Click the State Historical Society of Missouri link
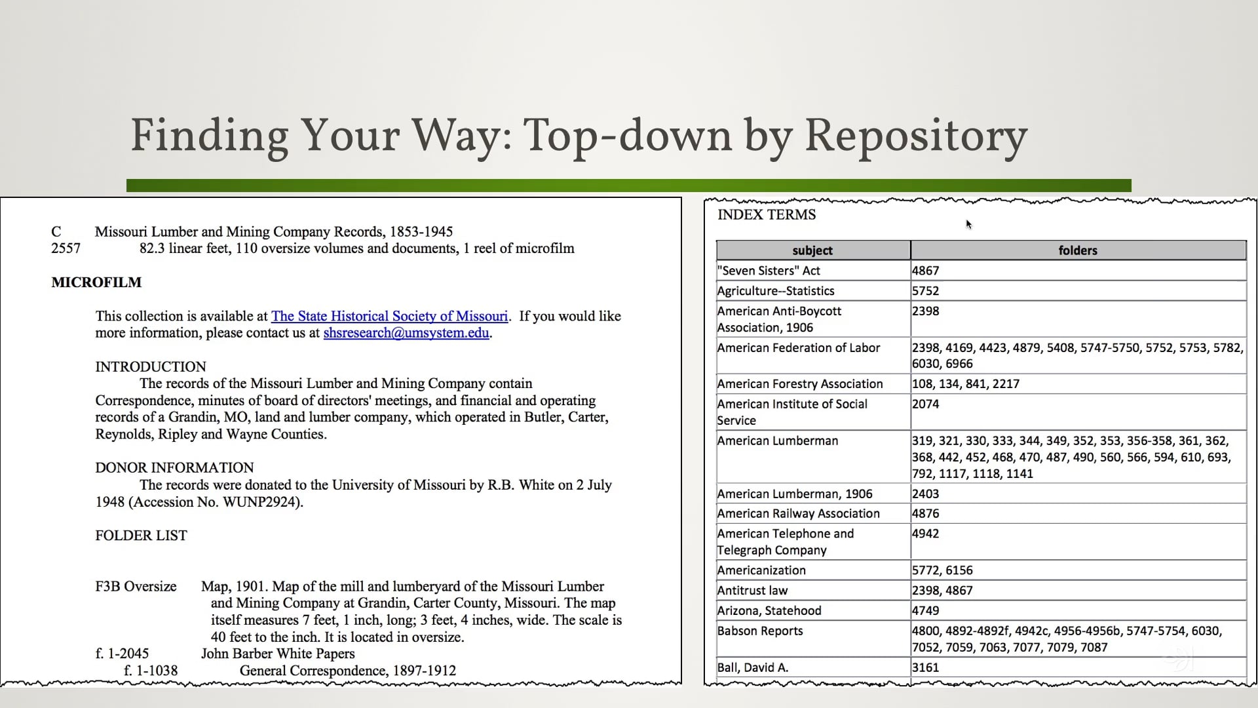point(389,316)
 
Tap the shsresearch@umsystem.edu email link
point(406,333)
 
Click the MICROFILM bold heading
point(96,283)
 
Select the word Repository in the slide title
point(915,136)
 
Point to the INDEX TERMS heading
point(767,215)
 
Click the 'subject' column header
point(812,250)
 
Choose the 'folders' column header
point(1078,250)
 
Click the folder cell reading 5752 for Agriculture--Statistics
point(925,291)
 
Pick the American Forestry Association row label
point(800,384)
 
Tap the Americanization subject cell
point(761,570)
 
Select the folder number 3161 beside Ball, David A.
point(925,668)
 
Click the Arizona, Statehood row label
point(769,611)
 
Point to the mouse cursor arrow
point(968,224)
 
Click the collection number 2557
point(66,248)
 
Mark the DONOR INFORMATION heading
point(174,468)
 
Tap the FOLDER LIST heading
point(141,536)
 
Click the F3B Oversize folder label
point(136,587)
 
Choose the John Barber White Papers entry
point(278,654)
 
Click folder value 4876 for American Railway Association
point(925,514)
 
